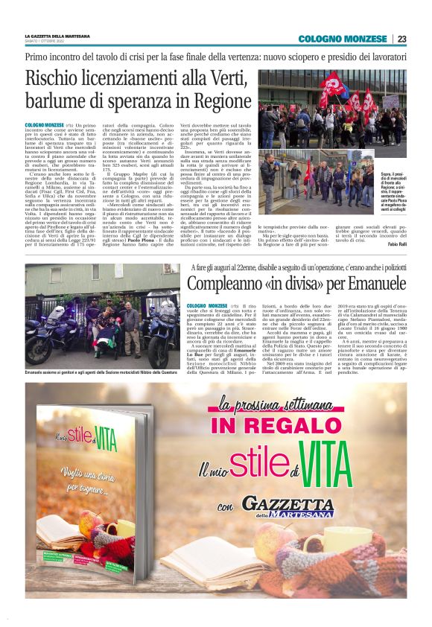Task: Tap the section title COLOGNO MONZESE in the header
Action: point(343,39)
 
